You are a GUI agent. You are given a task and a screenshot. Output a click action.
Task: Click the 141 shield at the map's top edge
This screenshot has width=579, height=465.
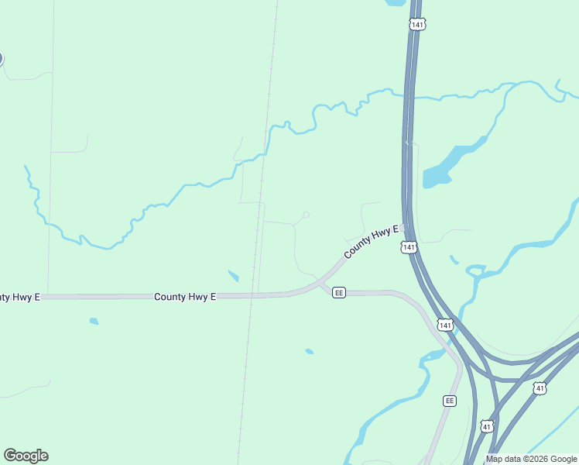click(x=418, y=25)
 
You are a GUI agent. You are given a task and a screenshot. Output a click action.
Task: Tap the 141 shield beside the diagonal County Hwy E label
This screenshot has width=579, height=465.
click(x=409, y=247)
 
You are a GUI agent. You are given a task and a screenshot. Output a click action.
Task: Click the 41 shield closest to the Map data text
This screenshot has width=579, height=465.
click(x=486, y=426)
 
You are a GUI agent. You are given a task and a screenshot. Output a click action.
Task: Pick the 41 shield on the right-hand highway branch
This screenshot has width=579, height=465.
click(x=540, y=387)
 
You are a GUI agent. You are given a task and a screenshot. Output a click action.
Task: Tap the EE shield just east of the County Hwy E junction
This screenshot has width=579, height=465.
click(x=338, y=292)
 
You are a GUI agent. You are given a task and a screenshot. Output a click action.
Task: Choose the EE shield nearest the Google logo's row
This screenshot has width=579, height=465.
click(x=450, y=401)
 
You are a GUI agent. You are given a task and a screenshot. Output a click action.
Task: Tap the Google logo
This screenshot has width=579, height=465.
click(x=26, y=456)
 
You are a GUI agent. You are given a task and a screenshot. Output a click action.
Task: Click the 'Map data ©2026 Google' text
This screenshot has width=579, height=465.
click(x=532, y=460)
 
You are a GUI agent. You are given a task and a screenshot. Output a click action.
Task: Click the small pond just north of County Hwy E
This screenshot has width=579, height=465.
click(x=233, y=275)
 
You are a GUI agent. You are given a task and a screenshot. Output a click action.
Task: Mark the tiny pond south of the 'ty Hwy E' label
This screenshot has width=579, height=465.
click(x=94, y=321)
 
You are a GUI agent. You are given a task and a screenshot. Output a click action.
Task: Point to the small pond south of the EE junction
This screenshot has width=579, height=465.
click(x=310, y=352)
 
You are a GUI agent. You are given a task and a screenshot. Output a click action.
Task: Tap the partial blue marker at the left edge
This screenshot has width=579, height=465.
click(x=1, y=58)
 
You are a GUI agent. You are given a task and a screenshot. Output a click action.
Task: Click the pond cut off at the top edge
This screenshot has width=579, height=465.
click(x=395, y=2)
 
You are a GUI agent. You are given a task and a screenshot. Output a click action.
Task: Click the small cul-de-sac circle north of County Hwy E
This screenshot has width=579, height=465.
click(x=307, y=215)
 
